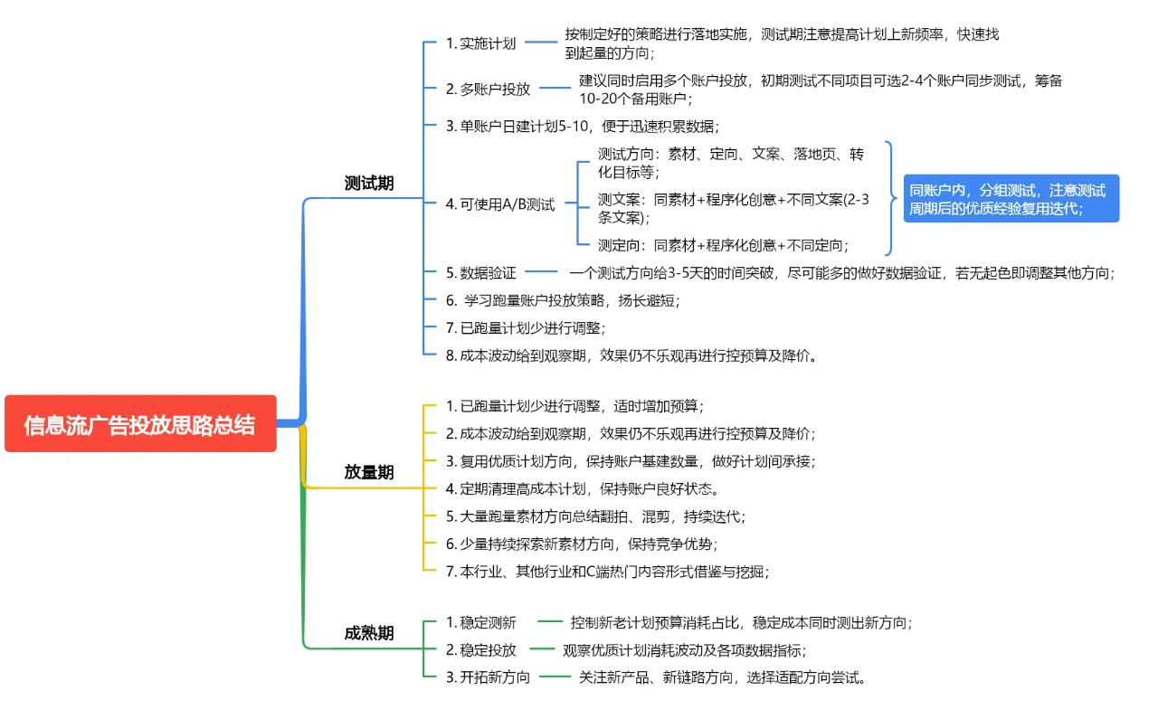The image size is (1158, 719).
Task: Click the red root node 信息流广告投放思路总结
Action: pyautogui.click(x=140, y=424)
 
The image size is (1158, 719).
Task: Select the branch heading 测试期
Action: pyautogui.click(x=369, y=184)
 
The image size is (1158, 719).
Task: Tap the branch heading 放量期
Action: pyautogui.click(x=369, y=472)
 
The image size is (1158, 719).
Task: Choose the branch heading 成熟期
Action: pyautogui.click(x=369, y=633)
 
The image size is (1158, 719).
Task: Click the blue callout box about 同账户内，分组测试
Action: pyautogui.click(x=1011, y=199)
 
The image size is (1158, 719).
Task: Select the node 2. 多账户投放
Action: pyautogui.click(x=488, y=89)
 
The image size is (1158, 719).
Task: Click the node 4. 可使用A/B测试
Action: pyautogui.click(x=500, y=204)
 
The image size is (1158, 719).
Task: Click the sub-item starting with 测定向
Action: pyautogui.click(x=723, y=245)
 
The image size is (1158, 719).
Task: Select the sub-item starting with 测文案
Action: pyautogui.click(x=733, y=208)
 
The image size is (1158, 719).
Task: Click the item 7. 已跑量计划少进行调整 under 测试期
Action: pyautogui.click(x=525, y=327)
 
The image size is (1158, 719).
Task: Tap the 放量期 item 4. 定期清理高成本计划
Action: pyautogui.click(x=583, y=489)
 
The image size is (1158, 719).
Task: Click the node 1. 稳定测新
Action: pyautogui.click(x=480, y=622)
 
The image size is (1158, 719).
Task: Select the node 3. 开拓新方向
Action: pyautogui.click(x=488, y=677)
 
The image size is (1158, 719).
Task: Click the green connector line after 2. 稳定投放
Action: pyautogui.click(x=542, y=649)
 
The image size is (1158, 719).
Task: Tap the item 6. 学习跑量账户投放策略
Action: pyautogui.click(x=562, y=300)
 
